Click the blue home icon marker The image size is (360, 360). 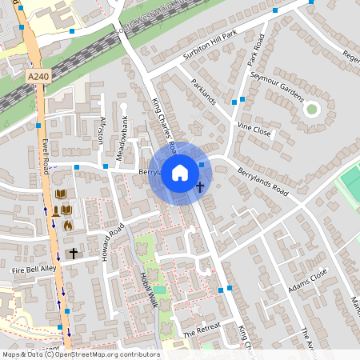tap(180, 172)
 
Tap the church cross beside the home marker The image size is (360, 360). tap(200, 187)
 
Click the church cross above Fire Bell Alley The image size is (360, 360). tap(73, 253)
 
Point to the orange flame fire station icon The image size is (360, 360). tap(68, 226)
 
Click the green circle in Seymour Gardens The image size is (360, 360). tap(312, 109)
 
